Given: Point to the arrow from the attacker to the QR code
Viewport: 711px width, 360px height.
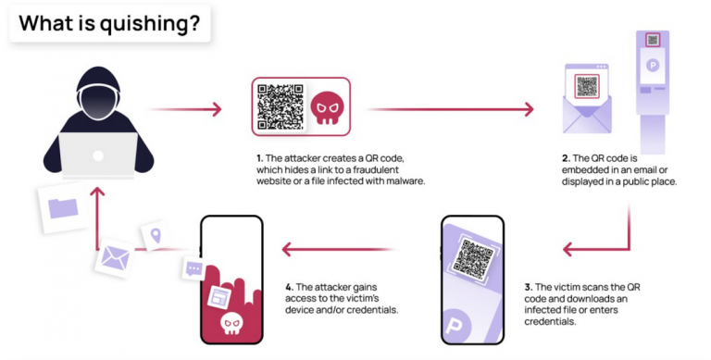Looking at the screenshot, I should [x=186, y=109].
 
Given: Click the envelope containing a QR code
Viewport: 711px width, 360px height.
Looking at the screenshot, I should [x=587, y=101].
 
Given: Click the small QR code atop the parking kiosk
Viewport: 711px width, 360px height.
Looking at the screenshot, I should [x=653, y=40].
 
